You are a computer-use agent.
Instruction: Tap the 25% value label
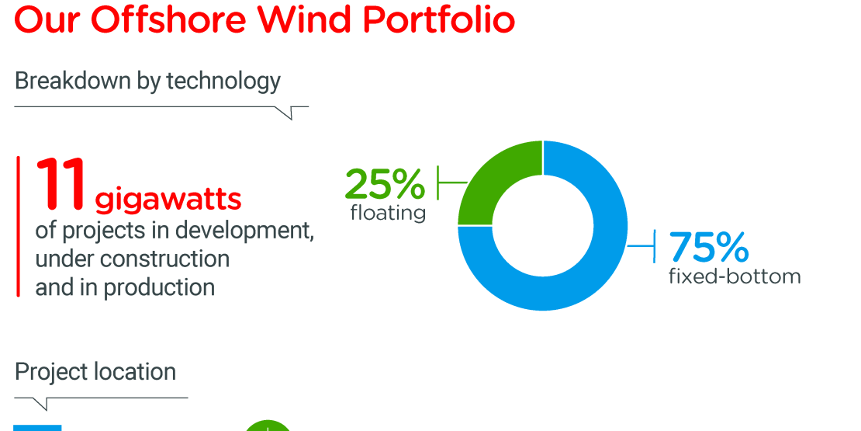[385, 184]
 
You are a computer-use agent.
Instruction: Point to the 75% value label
[708, 248]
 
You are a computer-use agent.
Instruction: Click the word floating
[388, 212]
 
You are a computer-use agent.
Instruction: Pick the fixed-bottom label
[734, 276]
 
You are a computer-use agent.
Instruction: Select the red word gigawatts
[168, 200]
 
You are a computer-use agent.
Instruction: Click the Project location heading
[95, 372]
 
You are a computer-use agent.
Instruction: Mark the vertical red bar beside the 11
[18, 226]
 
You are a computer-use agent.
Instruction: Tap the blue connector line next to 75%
[643, 247]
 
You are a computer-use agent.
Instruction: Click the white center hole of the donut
[542, 225]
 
